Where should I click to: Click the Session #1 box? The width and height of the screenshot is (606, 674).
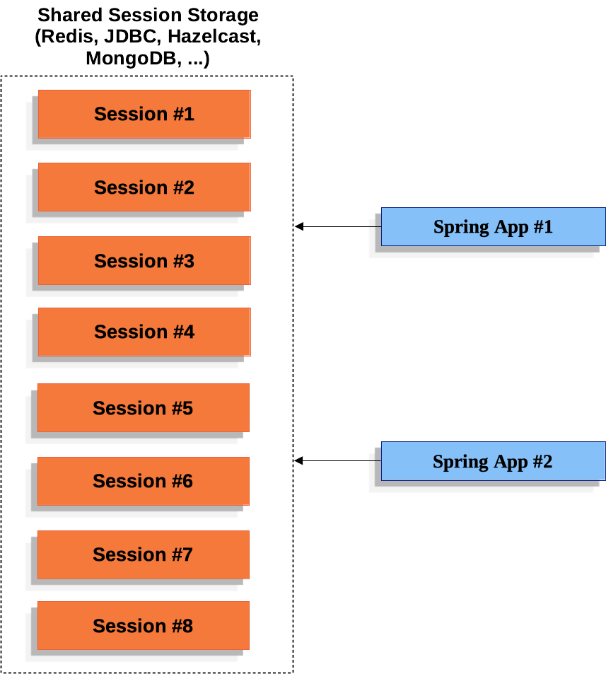tap(144, 114)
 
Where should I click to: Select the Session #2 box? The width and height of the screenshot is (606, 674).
tap(144, 187)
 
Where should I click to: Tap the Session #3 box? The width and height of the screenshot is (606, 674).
tap(144, 261)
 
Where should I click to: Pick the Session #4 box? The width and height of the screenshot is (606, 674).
tap(144, 332)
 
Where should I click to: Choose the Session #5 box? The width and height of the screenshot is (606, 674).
tap(143, 408)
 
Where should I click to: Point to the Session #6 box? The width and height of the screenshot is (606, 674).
tap(143, 481)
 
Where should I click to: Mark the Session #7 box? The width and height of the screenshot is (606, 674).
tap(143, 554)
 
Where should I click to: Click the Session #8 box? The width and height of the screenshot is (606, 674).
tap(143, 626)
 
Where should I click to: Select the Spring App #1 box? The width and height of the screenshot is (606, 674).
tap(493, 227)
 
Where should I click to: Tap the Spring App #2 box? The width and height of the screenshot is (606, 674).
tap(493, 462)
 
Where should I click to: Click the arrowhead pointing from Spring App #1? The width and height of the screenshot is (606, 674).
tap(299, 226)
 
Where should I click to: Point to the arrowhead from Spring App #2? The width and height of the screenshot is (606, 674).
tap(299, 460)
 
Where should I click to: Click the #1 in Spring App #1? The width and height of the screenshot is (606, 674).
tap(542, 227)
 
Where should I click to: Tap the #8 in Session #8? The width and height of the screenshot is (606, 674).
tap(182, 626)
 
